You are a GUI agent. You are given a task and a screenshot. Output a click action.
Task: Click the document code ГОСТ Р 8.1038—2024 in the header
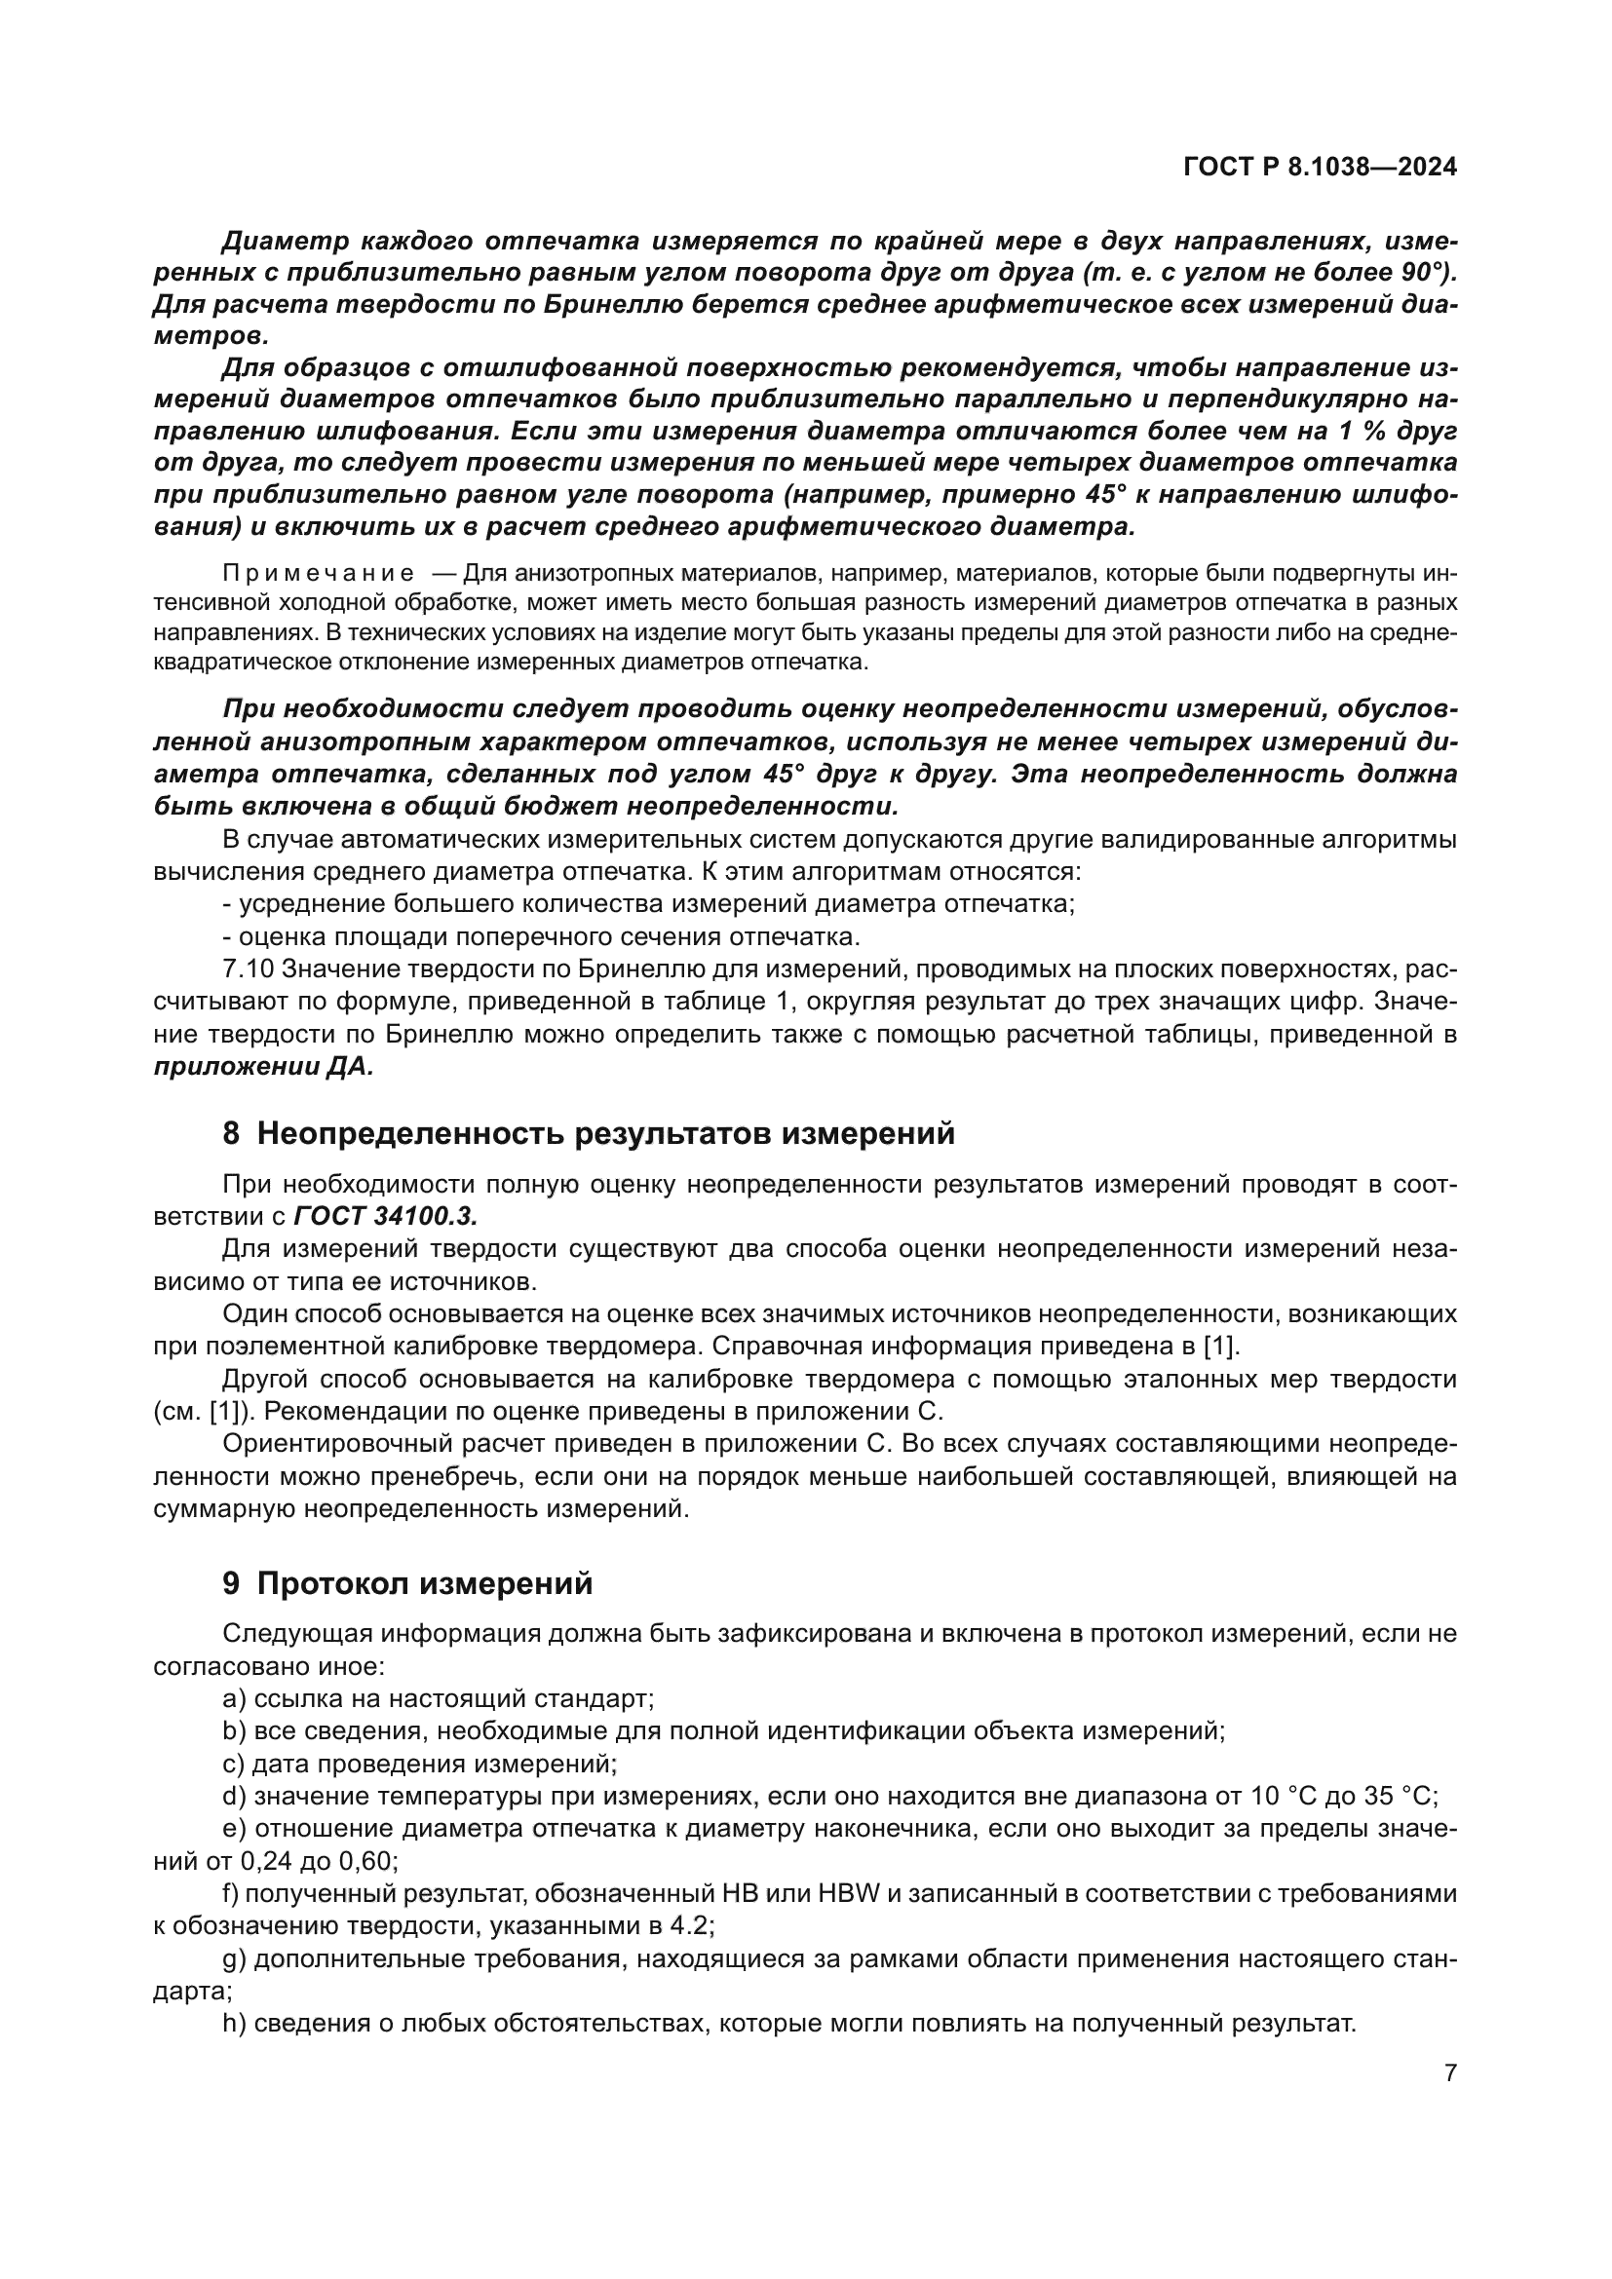tap(1320, 168)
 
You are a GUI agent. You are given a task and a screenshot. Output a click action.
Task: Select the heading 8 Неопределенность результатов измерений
tap(589, 1133)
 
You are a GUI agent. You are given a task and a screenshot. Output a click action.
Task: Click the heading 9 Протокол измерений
tap(407, 1583)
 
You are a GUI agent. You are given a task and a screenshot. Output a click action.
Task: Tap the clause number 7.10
tap(249, 969)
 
